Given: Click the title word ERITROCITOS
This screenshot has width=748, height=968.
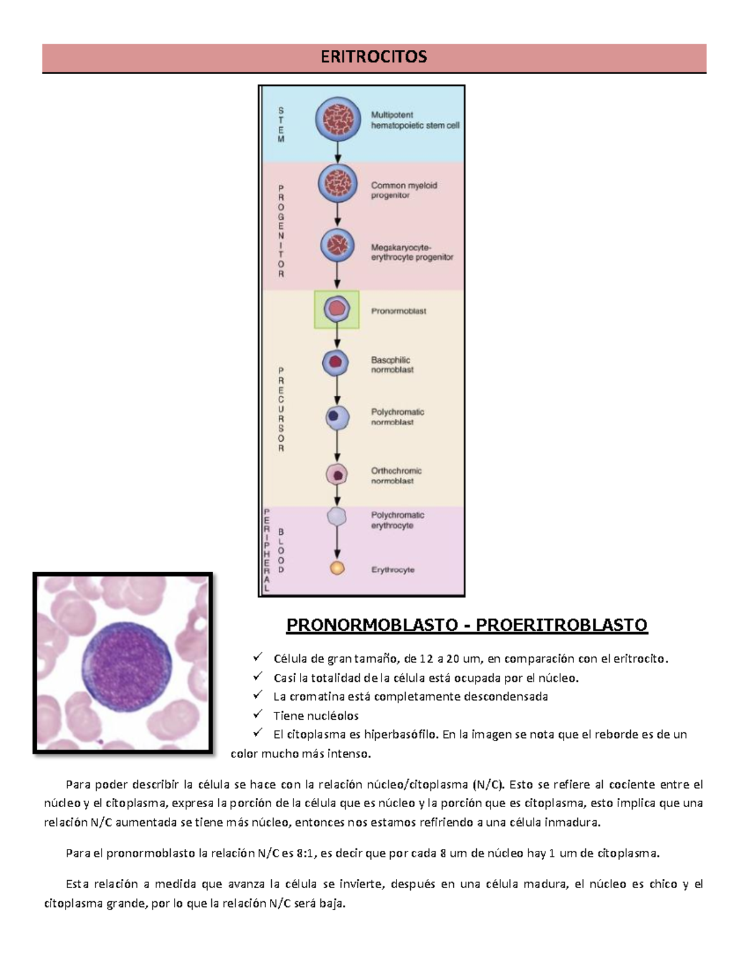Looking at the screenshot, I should tap(373, 57).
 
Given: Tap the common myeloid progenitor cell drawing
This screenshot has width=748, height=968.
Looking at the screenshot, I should tap(338, 183).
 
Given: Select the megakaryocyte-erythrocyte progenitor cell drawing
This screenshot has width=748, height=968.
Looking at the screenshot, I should tap(337, 245).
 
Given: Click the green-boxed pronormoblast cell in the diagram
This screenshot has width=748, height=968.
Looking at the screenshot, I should tap(337, 309).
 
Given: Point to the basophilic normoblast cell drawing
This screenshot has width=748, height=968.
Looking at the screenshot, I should tap(335, 362).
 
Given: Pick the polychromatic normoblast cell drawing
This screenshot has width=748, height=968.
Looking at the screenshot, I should tap(337, 417).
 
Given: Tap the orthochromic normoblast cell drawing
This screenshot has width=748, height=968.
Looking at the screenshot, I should tap(337, 474).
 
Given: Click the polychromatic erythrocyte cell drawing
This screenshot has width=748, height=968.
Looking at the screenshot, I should tap(337, 516).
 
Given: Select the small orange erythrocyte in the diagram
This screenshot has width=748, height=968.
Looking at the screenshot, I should tap(337, 568).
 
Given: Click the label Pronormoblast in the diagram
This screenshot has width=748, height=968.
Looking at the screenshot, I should tap(398, 311).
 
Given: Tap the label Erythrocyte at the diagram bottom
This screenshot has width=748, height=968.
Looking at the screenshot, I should tap(393, 570).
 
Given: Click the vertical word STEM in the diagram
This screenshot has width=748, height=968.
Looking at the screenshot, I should tap(280, 125).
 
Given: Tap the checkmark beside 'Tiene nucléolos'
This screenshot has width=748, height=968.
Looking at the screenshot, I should tap(257, 714).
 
